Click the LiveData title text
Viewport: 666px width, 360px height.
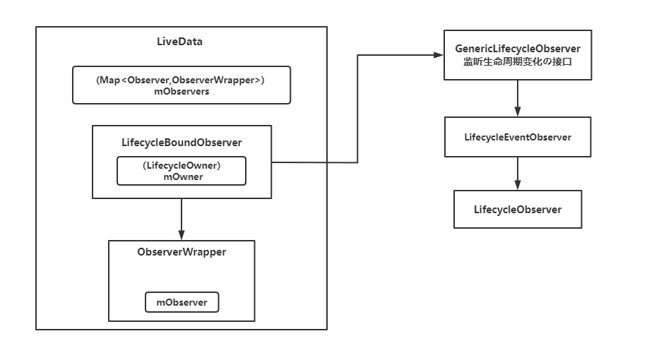179,42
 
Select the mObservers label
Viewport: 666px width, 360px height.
181,91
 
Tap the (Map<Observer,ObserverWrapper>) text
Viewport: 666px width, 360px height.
181,80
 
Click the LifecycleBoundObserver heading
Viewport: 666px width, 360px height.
182,143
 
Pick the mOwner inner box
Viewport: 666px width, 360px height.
182,171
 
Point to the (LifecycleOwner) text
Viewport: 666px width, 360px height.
182,166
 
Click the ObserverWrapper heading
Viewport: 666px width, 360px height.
182,251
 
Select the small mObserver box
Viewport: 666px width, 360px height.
182,302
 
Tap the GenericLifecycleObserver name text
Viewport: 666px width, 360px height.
518,49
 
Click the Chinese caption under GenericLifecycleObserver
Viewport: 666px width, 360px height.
518,61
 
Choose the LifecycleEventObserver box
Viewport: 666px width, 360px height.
518,137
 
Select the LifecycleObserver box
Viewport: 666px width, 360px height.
518,209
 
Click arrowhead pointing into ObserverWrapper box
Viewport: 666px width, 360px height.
182,236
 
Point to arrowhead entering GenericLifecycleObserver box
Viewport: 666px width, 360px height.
439,55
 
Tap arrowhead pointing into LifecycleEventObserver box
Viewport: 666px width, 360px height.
518,112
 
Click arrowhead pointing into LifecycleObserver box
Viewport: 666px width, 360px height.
518,185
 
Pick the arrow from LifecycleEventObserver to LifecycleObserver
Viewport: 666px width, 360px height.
518,171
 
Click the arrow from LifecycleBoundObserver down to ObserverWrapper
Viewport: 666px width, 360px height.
182,217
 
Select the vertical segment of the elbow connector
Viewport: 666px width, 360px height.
358,109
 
